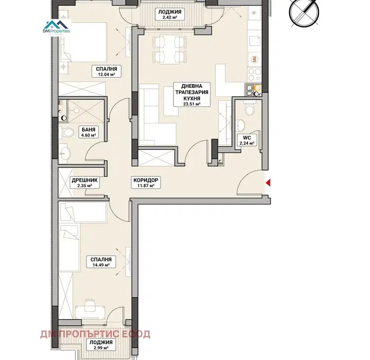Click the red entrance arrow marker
coord(268,183)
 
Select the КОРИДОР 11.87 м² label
coord(146,183)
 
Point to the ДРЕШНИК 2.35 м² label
coord(85,183)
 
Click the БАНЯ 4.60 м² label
coord(89,132)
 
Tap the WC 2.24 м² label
coord(247,140)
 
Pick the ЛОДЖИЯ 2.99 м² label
coord(101,345)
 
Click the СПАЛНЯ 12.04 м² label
coord(107,71)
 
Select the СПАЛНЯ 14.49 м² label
coord(101,262)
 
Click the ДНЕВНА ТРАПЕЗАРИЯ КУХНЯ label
coord(192,94)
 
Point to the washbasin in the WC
coord(240,125)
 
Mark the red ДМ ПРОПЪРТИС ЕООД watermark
coord(95,334)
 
